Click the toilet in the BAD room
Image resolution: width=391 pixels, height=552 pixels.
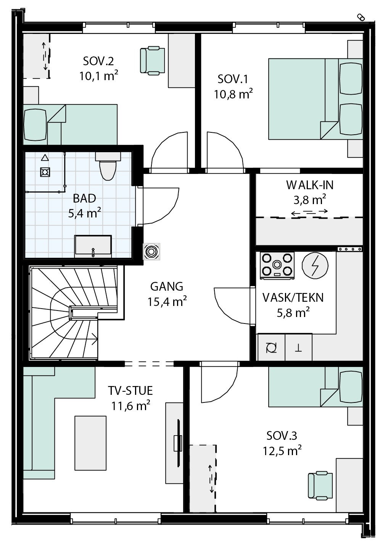[108, 166]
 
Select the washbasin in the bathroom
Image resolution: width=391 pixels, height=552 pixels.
[93, 246]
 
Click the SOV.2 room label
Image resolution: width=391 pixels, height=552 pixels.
[98, 61]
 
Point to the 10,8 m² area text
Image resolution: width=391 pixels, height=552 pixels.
[233, 94]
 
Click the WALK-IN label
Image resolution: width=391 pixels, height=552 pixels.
[310, 185]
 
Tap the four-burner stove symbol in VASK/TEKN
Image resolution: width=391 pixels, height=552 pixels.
[277, 265]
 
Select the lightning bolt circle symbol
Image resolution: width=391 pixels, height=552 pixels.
[315, 266]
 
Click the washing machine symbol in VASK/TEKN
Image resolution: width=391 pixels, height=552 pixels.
[271, 348]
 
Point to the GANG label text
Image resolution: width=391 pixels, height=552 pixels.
[167, 286]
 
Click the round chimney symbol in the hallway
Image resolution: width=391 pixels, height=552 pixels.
[152, 252]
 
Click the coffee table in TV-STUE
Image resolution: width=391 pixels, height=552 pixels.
[90, 443]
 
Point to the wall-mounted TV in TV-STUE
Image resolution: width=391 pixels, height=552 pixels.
[178, 443]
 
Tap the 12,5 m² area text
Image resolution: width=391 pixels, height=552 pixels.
[282, 451]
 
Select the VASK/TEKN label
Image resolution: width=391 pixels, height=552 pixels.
[293, 298]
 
